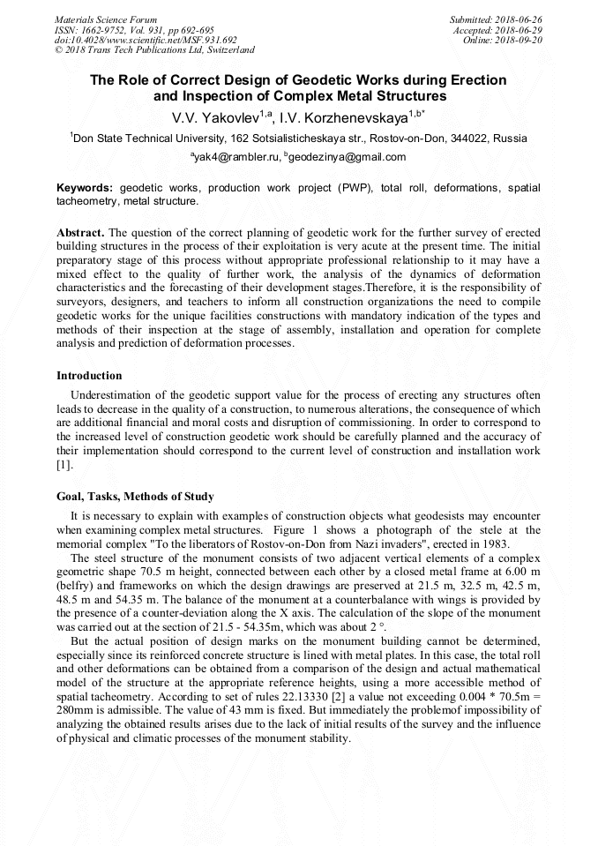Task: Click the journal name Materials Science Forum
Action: [x=106, y=19]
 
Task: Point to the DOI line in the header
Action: [x=146, y=40]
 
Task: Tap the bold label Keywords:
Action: [x=85, y=188]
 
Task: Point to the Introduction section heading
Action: [x=89, y=376]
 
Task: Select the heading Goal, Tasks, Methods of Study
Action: [x=135, y=497]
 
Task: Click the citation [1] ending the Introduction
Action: [x=64, y=465]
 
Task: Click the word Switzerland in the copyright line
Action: [x=225, y=50]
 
